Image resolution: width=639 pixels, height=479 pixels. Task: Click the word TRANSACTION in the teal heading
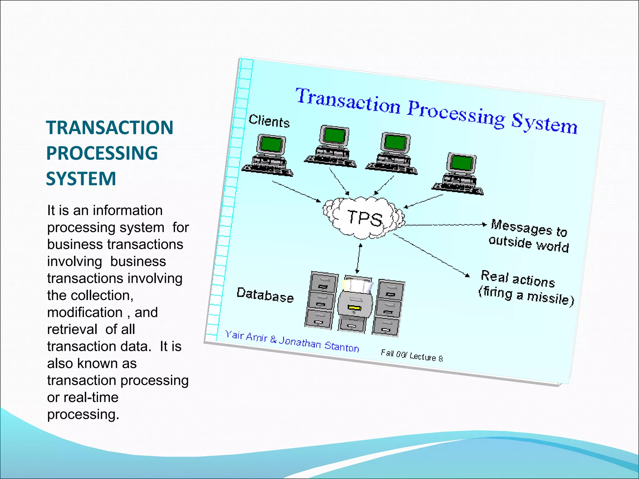click(110, 128)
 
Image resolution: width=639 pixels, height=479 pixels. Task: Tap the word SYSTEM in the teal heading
click(81, 179)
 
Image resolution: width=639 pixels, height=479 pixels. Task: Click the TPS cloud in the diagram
click(364, 218)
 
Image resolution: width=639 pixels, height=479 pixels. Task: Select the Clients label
click(269, 121)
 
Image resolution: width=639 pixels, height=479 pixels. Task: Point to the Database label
click(265, 295)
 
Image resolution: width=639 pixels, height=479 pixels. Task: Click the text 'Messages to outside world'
click(529, 236)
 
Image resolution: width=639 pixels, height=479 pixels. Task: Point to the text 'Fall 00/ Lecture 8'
click(411, 356)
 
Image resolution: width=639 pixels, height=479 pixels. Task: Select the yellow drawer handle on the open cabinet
click(354, 308)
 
